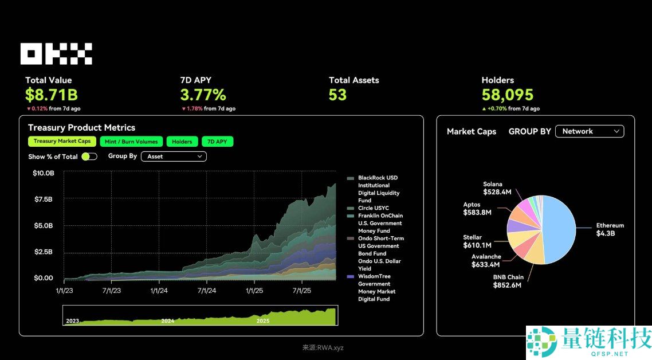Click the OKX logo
[56, 54]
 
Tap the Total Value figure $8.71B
[51, 95]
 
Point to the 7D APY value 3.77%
[203, 95]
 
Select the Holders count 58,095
[507, 95]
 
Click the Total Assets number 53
[337, 95]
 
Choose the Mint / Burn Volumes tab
[131, 142]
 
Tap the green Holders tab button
[182, 142]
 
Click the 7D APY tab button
[218, 142]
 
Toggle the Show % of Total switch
[89, 156]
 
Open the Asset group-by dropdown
[173, 156]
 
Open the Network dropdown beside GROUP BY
[590, 131]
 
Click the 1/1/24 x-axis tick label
[159, 291]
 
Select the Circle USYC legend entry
[373, 208]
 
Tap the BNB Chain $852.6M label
[508, 281]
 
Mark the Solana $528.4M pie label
[497, 188]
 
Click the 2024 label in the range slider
[167, 321]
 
